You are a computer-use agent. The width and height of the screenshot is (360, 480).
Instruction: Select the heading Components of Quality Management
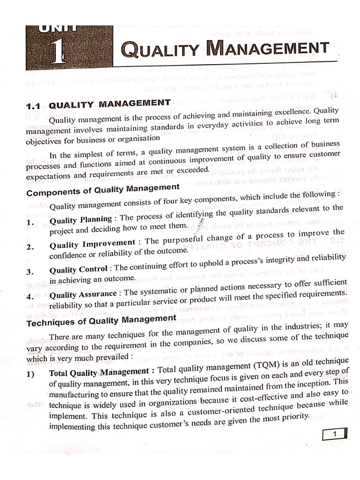[x=103, y=190]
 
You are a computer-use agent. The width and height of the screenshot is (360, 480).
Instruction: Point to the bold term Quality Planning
[x=81, y=219]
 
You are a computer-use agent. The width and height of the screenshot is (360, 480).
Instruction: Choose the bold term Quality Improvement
[x=92, y=243]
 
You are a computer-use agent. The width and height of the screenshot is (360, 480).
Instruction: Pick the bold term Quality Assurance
[x=83, y=294]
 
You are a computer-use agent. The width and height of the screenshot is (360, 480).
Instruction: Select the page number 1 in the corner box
[x=335, y=435]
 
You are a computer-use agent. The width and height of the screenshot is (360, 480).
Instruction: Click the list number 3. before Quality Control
[x=30, y=272]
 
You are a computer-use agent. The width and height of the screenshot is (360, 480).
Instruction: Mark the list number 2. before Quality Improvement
[x=30, y=247]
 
